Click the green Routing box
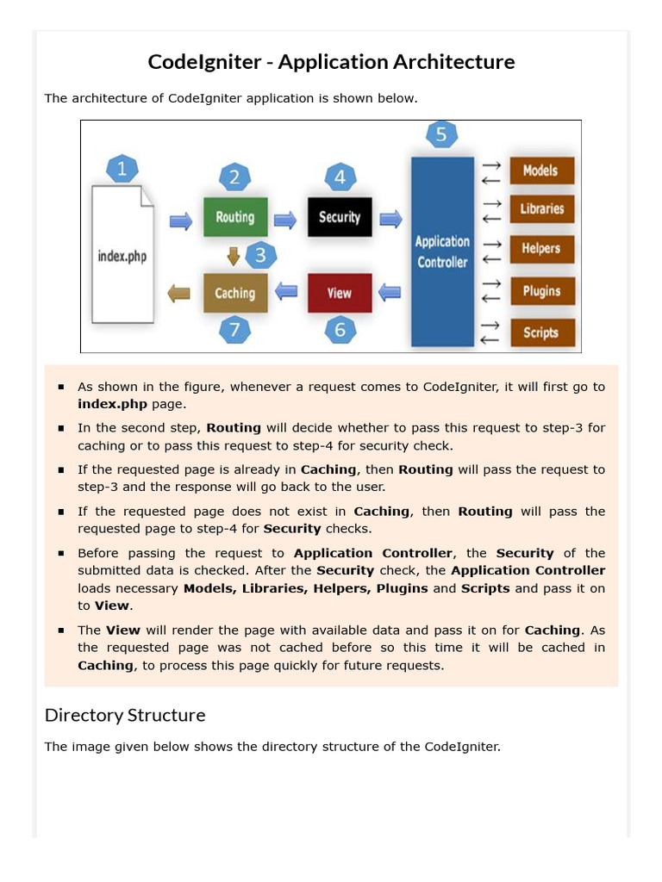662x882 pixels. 234,217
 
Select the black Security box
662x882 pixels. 340,217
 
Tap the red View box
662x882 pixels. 340,293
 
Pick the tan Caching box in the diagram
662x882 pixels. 234,293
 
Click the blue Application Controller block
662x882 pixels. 443,252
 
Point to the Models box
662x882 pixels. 541,171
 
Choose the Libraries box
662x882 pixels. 541,208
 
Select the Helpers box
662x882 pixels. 541,249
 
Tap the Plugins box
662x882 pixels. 541,291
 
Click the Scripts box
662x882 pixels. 541,332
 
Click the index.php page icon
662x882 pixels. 123,250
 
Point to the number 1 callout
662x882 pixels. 122,169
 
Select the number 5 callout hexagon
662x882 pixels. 441,135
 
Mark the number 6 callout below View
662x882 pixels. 340,329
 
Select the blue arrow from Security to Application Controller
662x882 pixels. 391,219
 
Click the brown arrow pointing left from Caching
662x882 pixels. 179,293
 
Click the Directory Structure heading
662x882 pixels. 125,715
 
